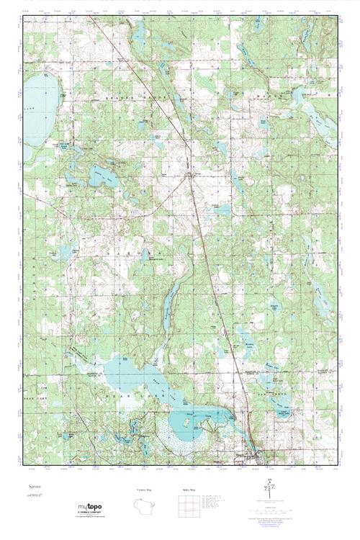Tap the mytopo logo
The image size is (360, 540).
point(91,508)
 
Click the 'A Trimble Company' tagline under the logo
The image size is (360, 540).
point(91,514)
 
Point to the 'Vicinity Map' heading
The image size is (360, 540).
point(145,490)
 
